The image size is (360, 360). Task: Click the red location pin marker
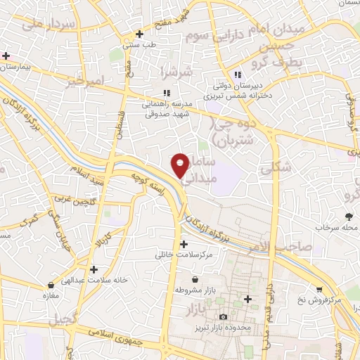click(x=181, y=165)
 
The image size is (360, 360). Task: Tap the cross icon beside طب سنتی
click(x=140, y=34)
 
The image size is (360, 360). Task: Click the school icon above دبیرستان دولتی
click(x=238, y=75)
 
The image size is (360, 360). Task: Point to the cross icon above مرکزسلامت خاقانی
click(x=184, y=244)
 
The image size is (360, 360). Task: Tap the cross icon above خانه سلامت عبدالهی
click(x=94, y=269)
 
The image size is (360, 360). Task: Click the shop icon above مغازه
click(x=51, y=286)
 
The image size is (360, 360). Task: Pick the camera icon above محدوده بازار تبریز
click(x=224, y=318)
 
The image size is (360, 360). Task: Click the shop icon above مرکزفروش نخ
click(x=319, y=289)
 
